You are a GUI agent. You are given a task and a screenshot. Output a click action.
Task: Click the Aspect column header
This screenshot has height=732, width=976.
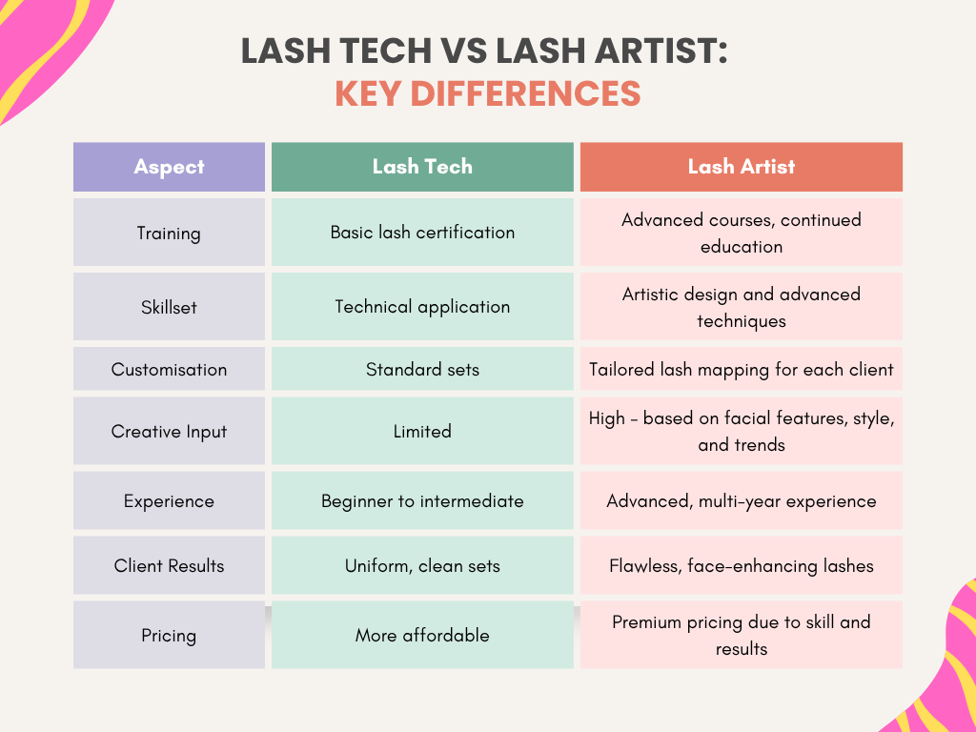click(x=169, y=167)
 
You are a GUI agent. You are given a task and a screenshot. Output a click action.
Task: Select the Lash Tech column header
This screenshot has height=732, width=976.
click(x=422, y=167)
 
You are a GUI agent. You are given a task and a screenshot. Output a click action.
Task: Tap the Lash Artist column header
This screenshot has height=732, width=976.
click(x=741, y=167)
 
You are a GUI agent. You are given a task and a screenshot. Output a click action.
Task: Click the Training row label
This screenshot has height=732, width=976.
click(x=169, y=233)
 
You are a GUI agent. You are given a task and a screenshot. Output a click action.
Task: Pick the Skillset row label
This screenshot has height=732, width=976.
click(x=169, y=307)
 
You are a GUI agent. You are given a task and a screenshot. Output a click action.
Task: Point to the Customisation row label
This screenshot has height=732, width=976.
click(x=169, y=369)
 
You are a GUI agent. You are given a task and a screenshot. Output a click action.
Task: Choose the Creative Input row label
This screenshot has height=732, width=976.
click(x=169, y=432)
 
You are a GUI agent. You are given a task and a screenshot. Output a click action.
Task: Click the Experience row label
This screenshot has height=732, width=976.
click(x=169, y=501)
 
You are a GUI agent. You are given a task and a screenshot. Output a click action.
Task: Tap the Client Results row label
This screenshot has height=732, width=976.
click(x=169, y=566)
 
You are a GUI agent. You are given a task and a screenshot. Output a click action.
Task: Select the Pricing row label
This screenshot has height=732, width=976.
click(x=169, y=635)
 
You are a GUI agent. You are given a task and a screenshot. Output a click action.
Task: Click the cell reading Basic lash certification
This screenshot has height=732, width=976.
click(x=422, y=233)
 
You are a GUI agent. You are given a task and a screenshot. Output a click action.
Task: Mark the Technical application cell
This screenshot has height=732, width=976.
click(x=422, y=307)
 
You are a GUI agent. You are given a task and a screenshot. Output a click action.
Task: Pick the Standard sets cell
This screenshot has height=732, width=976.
click(x=422, y=369)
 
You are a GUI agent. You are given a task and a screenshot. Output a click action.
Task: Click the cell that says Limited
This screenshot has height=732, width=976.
click(x=422, y=432)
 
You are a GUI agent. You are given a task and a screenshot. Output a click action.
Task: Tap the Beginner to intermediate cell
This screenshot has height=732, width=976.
click(x=422, y=501)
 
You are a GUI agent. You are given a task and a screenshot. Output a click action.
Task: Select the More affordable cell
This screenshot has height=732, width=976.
click(x=422, y=635)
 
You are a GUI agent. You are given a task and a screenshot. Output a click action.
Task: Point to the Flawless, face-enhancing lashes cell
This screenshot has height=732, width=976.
click(x=741, y=566)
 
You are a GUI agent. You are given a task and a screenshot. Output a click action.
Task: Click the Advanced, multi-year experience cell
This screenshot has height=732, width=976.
click(x=741, y=501)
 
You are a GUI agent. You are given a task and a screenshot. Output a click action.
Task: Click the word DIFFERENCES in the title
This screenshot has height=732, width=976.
click(x=525, y=94)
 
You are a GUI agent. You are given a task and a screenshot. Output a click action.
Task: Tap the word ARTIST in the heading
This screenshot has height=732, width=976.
click(x=661, y=51)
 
